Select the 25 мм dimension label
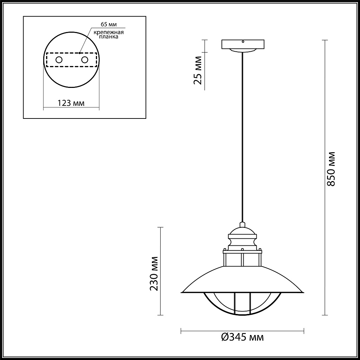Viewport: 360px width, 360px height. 198,70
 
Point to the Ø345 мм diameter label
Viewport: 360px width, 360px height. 243,338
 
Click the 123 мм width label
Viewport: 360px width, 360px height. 71,103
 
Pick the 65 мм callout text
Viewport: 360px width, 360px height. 109,24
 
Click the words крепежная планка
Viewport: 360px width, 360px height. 109,34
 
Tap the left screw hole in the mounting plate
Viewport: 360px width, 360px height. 59,60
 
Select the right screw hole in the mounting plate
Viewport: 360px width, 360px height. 84,60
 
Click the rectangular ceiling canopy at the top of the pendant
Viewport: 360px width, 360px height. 243,44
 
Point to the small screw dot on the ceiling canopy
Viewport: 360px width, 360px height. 243,41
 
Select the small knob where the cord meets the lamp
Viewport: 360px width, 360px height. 243,224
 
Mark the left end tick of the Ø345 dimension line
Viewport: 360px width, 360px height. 181,331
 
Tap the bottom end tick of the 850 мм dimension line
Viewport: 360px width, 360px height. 324,315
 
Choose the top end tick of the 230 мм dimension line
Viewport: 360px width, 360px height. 161,227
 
